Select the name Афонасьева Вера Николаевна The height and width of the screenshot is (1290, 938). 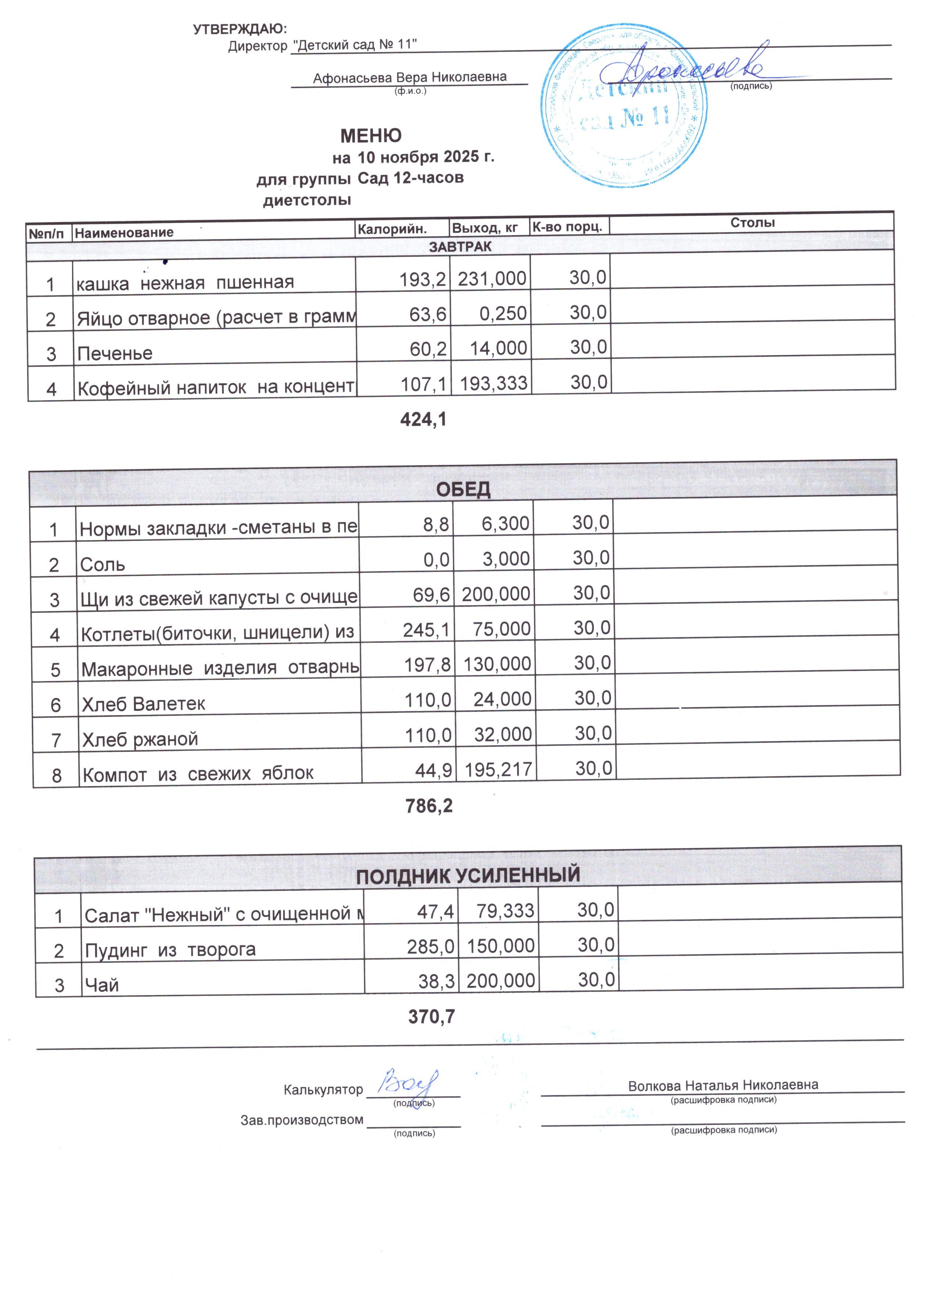[409, 77]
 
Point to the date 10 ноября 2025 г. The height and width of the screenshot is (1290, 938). [426, 157]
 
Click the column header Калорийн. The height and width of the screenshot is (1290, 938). [392, 229]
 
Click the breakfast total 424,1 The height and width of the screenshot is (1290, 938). [423, 420]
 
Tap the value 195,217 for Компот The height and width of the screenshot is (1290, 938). [498, 770]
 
